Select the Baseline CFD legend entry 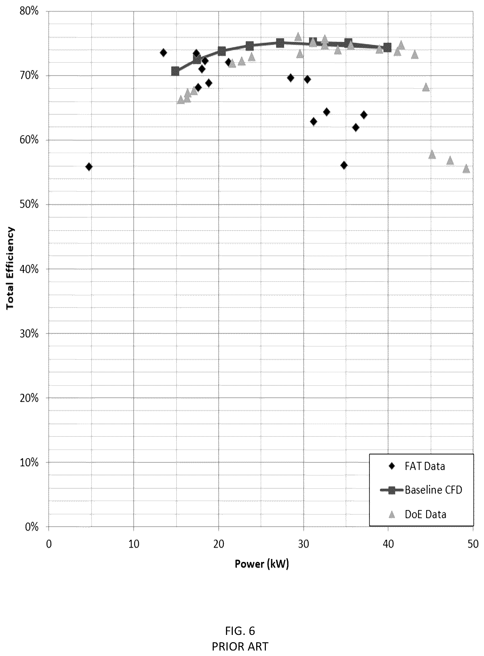coord(421,490)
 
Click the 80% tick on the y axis coord(29,11)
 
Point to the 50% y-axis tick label coord(29,204)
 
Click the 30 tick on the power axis coord(304,544)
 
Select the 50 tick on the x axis coord(473,544)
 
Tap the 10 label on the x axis coord(134,544)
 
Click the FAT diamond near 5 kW coord(89,167)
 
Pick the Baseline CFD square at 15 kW coord(175,71)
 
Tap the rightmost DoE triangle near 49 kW coord(466,169)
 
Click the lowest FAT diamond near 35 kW coord(344,165)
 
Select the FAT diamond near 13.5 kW coord(163,53)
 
